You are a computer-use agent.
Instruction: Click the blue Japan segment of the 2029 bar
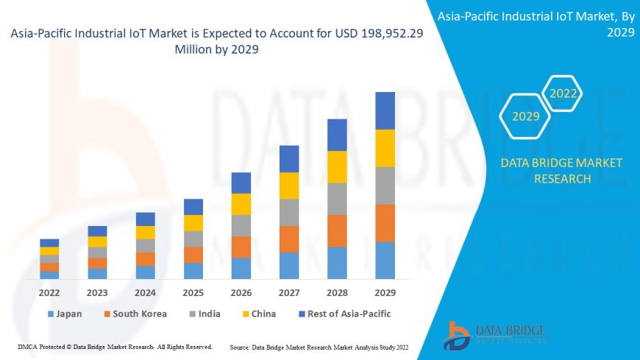pos(385,260)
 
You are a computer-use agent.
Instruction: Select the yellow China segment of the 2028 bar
pos(337,166)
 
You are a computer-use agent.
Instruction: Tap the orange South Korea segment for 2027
pos(289,239)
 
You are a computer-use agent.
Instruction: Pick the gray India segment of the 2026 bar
pos(241,225)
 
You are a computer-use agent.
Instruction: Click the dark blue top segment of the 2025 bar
pos(193,206)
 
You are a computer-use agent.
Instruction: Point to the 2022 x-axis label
pos(49,292)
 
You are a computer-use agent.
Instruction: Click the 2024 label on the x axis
pos(146,292)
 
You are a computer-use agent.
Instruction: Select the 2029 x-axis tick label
pos(385,292)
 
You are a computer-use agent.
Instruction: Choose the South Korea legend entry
pos(135,314)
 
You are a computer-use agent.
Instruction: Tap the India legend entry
pos(204,314)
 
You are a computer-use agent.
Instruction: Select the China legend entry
pos(258,314)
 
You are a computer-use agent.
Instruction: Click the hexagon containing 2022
pos(563,93)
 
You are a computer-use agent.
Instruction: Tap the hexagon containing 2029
pos(525,116)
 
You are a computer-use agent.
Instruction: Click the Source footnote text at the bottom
pos(319,346)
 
